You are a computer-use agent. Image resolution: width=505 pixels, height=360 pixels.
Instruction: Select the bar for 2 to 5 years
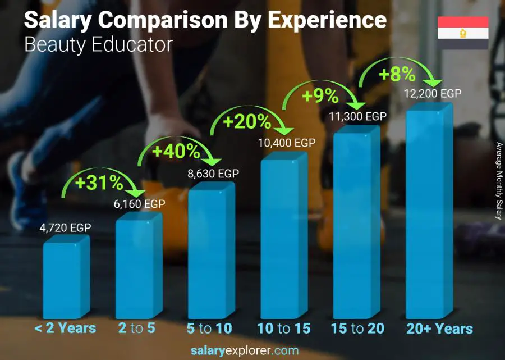click(x=138, y=267)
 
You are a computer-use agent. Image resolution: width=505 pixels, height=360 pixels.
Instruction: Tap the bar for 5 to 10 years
click(x=211, y=253)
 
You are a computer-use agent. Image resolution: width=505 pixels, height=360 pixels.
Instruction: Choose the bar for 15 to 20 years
click(x=356, y=225)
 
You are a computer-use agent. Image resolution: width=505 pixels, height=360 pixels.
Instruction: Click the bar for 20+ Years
click(x=429, y=213)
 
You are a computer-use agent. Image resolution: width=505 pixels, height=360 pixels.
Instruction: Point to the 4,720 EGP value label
click(x=65, y=227)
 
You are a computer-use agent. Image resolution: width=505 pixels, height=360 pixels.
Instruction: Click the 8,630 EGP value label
click(x=213, y=174)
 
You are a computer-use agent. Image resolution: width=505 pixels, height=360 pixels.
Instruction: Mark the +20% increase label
click(x=247, y=121)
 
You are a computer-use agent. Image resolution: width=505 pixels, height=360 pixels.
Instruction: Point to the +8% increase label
click(x=397, y=74)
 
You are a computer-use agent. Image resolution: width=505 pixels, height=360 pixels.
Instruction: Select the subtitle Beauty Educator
click(x=98, y=45)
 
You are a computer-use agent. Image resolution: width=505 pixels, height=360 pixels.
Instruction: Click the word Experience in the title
click(x=327, y=20)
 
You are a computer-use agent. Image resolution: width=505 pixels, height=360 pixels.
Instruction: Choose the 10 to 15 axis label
click(x=283, y=329)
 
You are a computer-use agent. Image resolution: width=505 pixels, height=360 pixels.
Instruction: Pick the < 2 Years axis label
click(x=65, y=329)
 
